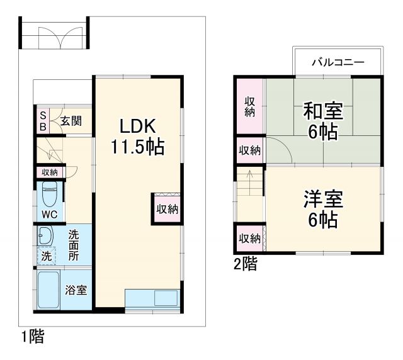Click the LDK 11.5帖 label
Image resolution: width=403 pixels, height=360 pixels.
tap(137, 135)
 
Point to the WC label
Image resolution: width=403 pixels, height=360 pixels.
tap(49, 214)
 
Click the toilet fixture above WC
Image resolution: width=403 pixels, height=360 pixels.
tap(50, 194)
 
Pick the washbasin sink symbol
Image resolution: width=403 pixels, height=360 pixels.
tap(44, 237)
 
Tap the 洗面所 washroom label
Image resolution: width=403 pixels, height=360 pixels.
tap(74, 245)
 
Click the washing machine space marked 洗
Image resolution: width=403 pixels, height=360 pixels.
tap(47, 256)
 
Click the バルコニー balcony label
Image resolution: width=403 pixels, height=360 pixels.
tap(338, 62)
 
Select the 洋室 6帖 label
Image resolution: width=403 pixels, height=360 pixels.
tap(323, 209)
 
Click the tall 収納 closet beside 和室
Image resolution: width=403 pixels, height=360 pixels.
tap(250, 106)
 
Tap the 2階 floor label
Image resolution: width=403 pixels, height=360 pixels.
tap(245, 265)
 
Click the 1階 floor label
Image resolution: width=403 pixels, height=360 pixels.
tap(32, 337)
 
